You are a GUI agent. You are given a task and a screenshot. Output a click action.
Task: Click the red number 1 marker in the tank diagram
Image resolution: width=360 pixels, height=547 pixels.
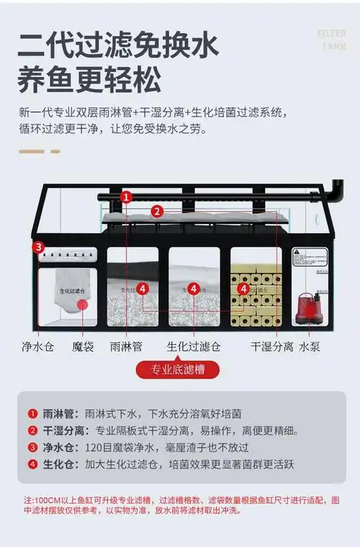coord(126,196)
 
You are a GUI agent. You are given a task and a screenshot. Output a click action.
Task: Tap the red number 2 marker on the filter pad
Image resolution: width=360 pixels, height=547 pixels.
coord(156,212)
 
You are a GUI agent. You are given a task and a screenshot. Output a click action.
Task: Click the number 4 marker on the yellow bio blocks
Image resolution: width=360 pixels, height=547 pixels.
coord(244,288)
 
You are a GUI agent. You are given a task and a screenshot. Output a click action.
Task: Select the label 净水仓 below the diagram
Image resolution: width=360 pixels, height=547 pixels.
coord(37,346)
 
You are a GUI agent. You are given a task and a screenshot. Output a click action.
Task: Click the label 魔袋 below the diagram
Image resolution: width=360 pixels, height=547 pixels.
coord(83,346)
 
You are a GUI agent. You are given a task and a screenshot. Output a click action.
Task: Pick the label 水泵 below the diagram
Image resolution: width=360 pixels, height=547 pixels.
coord(310,346)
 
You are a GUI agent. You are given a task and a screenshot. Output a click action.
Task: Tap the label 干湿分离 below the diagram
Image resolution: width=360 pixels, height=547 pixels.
coord(271,346)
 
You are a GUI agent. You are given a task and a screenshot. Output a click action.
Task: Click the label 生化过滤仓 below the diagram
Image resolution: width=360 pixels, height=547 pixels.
coord(194,346)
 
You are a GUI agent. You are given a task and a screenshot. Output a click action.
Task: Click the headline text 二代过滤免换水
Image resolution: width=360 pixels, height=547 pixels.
coord(119,45)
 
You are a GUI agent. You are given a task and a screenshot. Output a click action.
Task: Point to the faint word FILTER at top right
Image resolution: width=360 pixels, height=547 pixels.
coord(332,33)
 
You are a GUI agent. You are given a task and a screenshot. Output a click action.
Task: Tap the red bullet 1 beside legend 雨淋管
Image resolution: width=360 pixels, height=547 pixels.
coord(32,414)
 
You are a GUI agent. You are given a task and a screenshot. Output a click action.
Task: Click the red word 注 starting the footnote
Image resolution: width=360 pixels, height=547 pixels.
coord(27,499)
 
